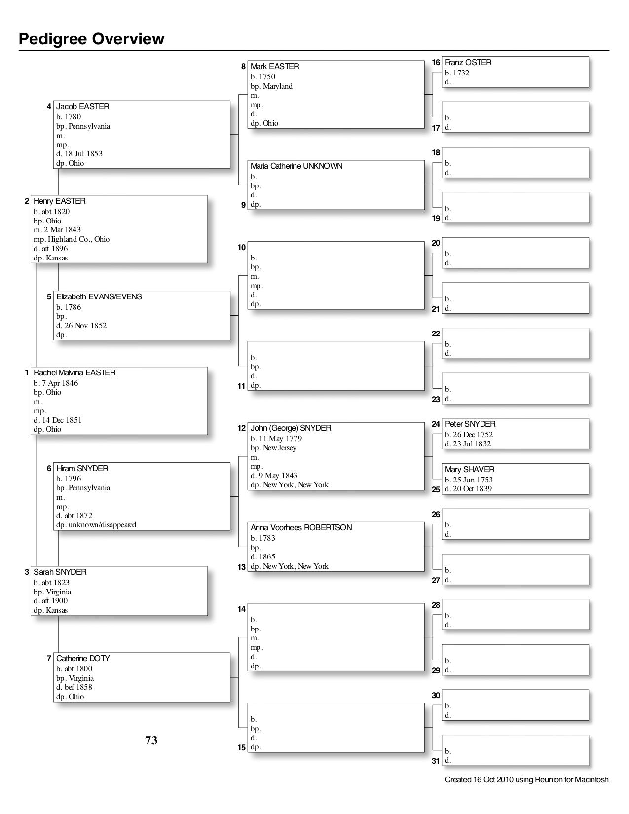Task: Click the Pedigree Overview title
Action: [x=92, y=39]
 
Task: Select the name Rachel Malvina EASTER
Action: [x=74, y=373]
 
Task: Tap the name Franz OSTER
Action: [x=468, y=63]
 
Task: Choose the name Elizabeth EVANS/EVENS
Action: [x=99, y=297]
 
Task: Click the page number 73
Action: [x=151, y=740]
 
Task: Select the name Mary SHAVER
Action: [x=470, y=470]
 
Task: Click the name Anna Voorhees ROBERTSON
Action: [x=301, y=528]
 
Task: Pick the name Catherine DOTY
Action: [x=83, y=659]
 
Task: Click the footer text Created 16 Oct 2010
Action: [x=526, y=780]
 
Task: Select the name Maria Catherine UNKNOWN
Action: [x=296, y=166]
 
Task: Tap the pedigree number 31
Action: [x=436, y=761]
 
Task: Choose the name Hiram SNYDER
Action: [x=82, y=469]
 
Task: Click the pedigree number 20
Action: [x=436, y=243]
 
